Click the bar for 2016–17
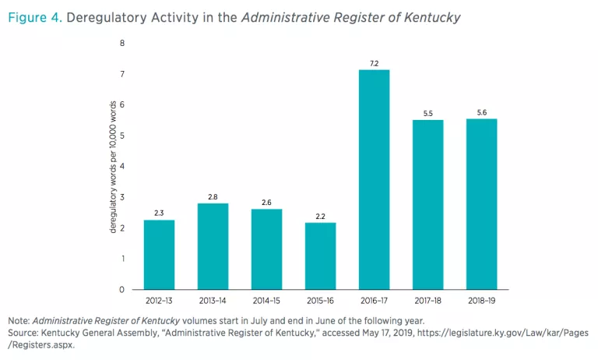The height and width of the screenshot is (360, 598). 374,179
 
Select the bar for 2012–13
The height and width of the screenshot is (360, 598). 159,254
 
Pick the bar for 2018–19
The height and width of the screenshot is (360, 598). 481,203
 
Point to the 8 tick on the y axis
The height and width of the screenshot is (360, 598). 122,44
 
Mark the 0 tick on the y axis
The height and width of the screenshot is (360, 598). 122,290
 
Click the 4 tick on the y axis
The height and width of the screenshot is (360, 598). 122,167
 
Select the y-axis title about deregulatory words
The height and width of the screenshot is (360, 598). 113,167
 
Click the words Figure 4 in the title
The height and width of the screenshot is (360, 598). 33,16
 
